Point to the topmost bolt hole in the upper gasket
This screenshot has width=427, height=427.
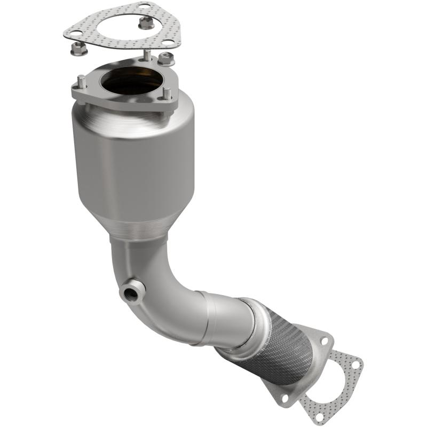point(144,7)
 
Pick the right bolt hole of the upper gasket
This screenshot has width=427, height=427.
point(168,42)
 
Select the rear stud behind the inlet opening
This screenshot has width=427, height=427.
point(147,55)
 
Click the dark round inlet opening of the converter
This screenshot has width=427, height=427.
point(132,81)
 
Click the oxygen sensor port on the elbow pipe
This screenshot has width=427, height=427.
point(130,291)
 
